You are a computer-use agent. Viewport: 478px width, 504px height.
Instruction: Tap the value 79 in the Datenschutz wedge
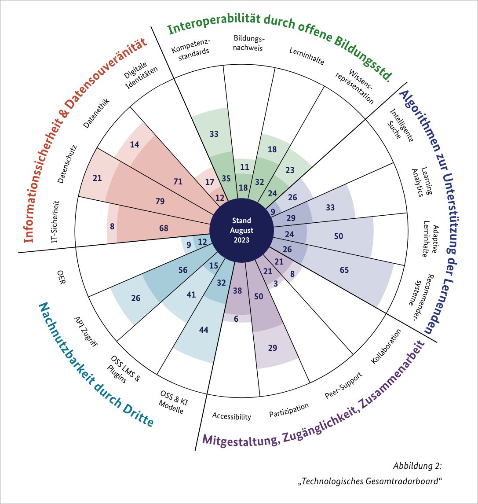tap(160, 202)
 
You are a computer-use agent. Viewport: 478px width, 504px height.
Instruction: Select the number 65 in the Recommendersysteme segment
tap(344, 270)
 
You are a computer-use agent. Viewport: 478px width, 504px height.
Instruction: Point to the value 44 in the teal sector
tap(204, 330)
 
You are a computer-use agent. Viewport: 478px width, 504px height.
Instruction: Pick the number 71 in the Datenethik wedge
tap(179, 180)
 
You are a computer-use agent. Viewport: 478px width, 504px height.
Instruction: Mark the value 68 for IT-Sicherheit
tap(164, 228)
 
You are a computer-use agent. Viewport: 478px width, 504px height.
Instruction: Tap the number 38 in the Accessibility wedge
tap(237, 291)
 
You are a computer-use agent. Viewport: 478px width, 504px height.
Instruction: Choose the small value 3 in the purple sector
tap(275, 284)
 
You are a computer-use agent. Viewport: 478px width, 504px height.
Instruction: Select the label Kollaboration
tap(386, 346)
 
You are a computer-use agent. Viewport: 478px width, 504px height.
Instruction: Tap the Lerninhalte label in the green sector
tap(307, 56)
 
